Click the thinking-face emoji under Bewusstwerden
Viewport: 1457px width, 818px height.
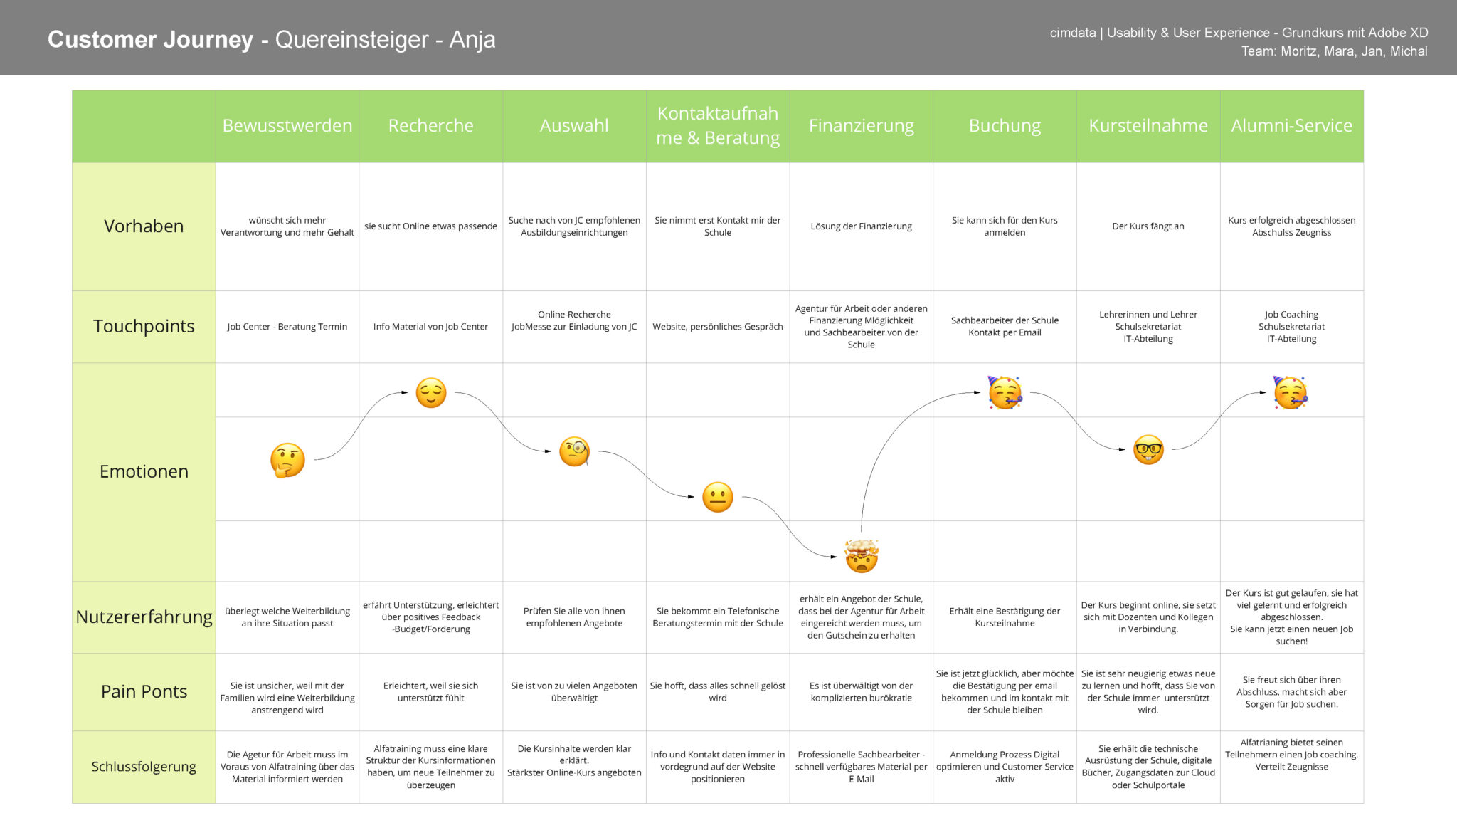pos(287,460)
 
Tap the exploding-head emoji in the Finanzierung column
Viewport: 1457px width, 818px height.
pos(862,556)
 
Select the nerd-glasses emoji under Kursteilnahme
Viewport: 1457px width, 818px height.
pos(1148,450)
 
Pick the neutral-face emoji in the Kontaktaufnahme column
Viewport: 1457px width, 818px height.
pos(718,497)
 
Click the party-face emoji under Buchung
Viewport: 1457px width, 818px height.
pos(1005,392)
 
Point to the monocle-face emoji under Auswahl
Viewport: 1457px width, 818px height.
pos(575,451)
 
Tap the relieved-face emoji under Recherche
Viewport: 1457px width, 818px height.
pos(431,392)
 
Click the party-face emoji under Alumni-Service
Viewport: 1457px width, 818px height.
pos(1291,392)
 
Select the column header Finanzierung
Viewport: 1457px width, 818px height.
pos(862,126)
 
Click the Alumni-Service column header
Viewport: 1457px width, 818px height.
pos(1292,126)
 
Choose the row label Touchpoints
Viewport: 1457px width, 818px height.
pos(144,326)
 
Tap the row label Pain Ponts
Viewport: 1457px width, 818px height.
pos(144,691)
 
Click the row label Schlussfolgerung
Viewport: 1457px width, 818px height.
pos(144,767)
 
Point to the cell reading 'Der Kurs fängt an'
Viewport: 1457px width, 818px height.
pos(1148,226)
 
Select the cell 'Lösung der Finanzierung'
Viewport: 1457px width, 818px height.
pos(862,226)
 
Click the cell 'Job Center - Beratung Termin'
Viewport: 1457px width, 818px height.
pos(287,327)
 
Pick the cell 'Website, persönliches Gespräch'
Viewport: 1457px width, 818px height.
pos(718,327)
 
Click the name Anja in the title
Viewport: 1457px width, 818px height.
pos(472,40)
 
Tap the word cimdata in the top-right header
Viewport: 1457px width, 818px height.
pos(1073,33)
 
